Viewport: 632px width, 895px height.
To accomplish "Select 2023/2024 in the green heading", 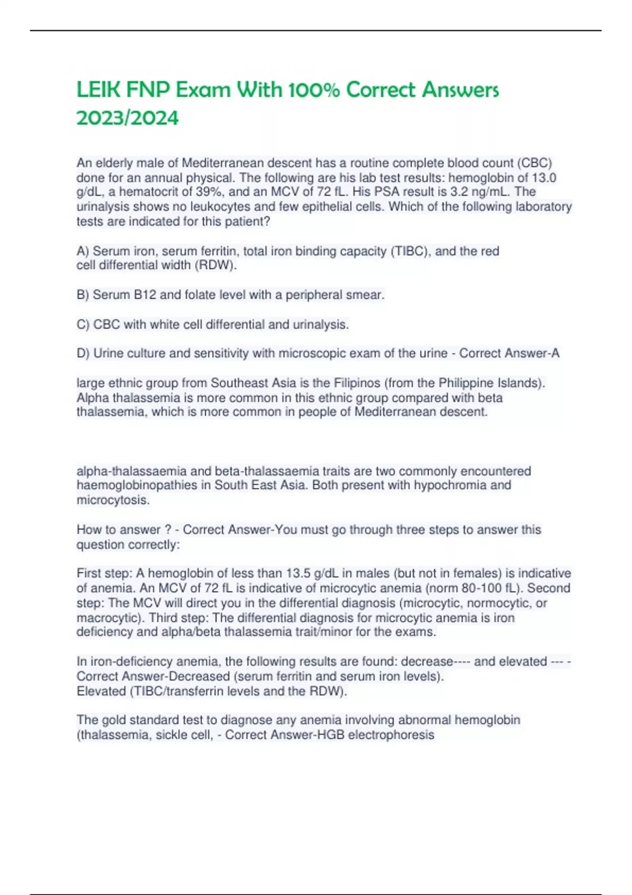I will tap(127, 118).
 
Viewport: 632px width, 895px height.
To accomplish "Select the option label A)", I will tap(83, 251).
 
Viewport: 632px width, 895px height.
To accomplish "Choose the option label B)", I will tap(83, 295).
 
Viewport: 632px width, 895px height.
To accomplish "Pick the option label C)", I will tap(83, 324).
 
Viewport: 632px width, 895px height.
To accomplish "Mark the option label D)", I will tap(83, 353).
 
